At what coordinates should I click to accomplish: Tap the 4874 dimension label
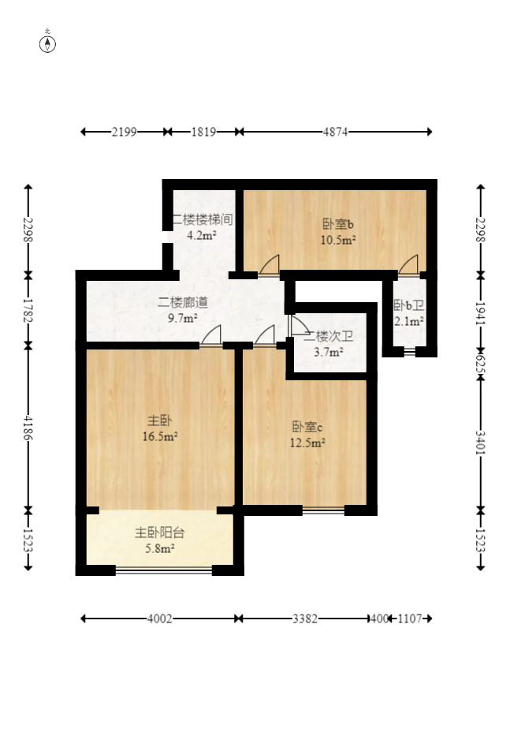(335, 132)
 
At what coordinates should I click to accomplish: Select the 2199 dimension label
(124, 132)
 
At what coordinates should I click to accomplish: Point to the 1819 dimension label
(203, 132)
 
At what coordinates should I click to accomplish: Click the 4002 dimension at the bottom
(160, 619)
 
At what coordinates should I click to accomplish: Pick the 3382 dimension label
(305, 619)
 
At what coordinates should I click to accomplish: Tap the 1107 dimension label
(410, 619)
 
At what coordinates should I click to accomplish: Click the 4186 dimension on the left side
(28, 428)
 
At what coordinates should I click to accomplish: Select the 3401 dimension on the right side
(480, 443)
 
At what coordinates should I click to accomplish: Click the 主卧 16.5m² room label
(160, 428)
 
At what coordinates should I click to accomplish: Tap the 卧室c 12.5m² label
(307, 435)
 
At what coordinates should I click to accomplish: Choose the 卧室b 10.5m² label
(338, 232)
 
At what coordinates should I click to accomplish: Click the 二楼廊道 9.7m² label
(182, 310)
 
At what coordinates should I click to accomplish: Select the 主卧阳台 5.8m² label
(160, 540)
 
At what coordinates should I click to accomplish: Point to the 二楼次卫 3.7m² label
(329, 344)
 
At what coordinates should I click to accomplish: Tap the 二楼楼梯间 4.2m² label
(202, 227)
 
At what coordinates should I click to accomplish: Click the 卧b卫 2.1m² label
(408, 313)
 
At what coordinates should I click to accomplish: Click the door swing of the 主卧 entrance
(211, 335)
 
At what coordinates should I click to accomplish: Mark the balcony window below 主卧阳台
(163, 571)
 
